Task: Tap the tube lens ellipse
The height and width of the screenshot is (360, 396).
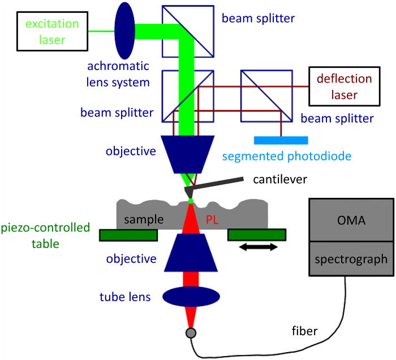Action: pos(191,296)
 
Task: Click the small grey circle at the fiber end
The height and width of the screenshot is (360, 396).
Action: pos(191,333)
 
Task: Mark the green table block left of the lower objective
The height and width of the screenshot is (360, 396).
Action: pos(128,235)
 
